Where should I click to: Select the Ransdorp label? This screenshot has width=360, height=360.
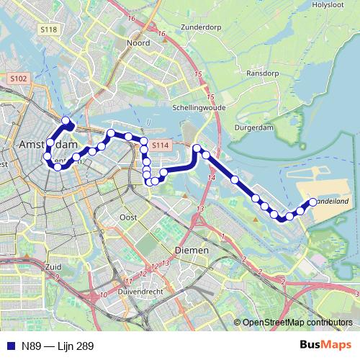pyautogui.click(x=262, y=73)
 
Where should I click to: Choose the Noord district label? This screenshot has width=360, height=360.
pyautogui.click(x=138, y=43)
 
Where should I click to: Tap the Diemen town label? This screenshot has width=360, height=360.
pyautogui.click(x=192, y=250)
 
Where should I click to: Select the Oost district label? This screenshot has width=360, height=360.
pyautogui.click(x=129, y=217)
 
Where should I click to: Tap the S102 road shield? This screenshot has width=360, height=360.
pyautogui.click(x=19, y=78)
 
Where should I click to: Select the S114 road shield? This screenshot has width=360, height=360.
pyautogui.click(x=160, y=145)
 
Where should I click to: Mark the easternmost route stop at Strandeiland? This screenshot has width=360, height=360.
pyautogui.click(x=313, y=202)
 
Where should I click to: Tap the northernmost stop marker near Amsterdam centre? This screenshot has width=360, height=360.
pyautogui.click(x=66, y=121)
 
